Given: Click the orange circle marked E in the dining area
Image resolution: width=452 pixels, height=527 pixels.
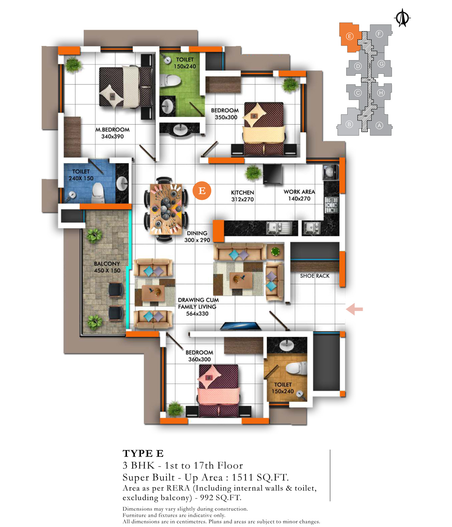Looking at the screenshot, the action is [x=202, y=190].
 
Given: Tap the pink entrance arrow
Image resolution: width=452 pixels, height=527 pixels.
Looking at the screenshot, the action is [x=354, y=309].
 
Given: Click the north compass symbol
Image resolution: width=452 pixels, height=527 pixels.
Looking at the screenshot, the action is [x=402, y=18].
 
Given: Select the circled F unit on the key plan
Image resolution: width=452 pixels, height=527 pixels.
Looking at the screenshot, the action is [x=379, y=34].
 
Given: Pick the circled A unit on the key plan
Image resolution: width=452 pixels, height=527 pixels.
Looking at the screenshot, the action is [x=379, y=125].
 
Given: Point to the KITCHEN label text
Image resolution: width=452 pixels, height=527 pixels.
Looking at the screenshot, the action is [x=242, y=192].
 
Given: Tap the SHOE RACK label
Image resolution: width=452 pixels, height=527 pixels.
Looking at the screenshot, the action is [x=315, y=276].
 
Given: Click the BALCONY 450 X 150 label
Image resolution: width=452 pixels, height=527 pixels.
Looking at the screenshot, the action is [x=107, y=267].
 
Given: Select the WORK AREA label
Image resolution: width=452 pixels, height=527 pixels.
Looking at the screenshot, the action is [x=299, y=192].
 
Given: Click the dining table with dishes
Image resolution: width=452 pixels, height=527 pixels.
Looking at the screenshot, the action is [x=166, y=209].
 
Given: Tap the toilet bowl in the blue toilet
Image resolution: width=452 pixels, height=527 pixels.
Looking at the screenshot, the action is [x=98, y=193].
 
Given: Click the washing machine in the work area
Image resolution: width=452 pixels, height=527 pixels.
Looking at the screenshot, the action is [x=331, y=172].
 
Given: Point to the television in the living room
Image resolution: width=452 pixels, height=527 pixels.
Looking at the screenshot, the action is [x=240, y=326].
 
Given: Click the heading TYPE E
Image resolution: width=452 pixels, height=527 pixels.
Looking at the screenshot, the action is [x=143, y=454].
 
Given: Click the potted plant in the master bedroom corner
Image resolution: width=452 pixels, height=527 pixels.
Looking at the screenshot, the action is [x=73, y=65].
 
